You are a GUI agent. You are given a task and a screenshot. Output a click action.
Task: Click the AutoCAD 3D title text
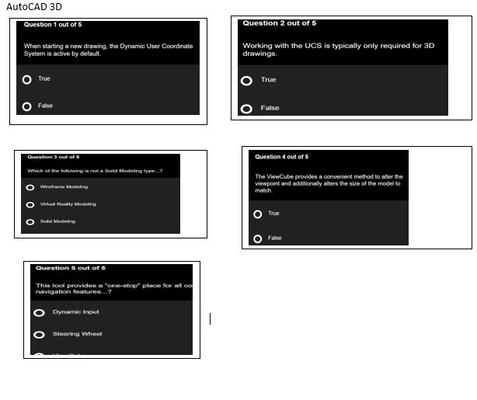click(34, 7)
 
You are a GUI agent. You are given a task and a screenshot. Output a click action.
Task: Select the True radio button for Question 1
click(27, 79)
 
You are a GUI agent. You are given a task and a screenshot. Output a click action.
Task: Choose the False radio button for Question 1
click(27, 106)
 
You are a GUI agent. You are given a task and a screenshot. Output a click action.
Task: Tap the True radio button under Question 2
click(247, 81)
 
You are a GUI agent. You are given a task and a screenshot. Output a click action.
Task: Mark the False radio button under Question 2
click(247, 109)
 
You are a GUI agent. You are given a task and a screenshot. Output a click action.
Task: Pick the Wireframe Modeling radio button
click(30, 187)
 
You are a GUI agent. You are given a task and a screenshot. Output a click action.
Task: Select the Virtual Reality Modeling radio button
click(30, 205)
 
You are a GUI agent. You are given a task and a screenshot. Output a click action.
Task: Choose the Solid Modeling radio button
click(30, 222)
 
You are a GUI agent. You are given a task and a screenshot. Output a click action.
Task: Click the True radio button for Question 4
click(258, 214)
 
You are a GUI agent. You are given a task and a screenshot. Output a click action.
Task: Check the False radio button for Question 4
click(258, 238)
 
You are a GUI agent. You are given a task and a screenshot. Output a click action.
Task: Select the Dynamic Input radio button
click(39, 313)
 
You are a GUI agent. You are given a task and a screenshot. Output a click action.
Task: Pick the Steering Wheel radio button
click(39, 335)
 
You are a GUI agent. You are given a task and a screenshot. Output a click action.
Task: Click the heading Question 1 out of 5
click(53, 25)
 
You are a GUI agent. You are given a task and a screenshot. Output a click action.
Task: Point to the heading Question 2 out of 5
click(279, 23)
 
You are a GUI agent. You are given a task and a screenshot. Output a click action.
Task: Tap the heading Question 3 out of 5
click(53, 158)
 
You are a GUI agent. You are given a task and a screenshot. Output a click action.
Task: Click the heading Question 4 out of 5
click(281, 157)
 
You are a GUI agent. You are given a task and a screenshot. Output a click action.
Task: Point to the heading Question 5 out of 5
click(71, 269)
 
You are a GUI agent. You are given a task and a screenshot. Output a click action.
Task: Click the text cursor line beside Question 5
click(210, 318)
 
